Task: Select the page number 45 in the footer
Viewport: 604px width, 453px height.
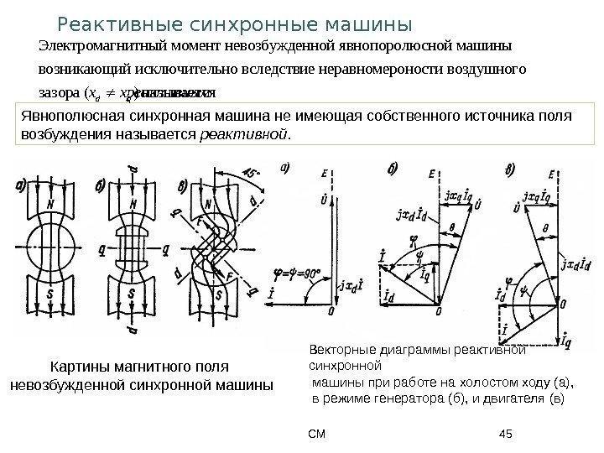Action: (x=505, y=434)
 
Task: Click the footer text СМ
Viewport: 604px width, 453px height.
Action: (x=316, y=434)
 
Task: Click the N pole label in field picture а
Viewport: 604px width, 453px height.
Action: (x=52, y=205)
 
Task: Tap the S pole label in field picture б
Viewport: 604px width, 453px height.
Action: (x=133, y=294)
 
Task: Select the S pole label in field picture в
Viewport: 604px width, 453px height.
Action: (x=218, y=295)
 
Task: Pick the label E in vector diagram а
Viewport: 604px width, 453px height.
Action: (x=323, y=174)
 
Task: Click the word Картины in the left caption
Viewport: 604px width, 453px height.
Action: (x=77, y=368)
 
